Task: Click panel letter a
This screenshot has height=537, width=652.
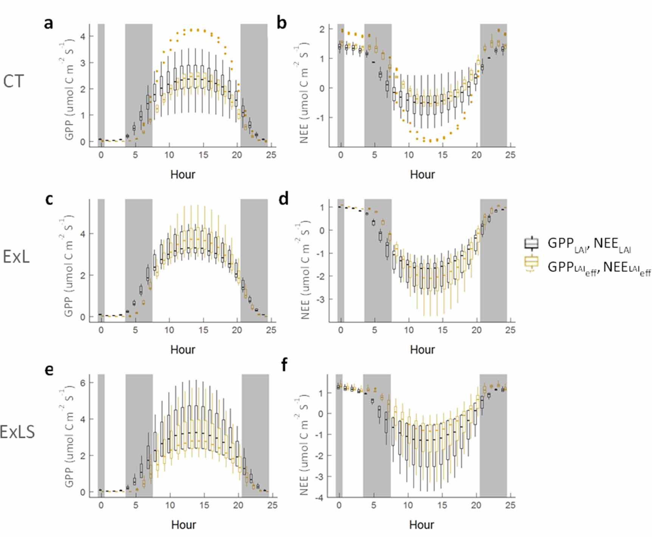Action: tap(48, 23)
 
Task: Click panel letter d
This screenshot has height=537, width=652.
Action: tap(283, 199)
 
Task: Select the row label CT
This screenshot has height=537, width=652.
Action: tap(14, 82)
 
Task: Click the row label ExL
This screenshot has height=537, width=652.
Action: tap(16, 257)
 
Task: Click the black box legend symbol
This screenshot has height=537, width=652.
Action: tap(531, 243)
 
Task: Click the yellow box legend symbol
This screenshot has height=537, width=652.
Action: tap(531, 263)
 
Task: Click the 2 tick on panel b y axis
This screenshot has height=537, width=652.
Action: tap(322, 29)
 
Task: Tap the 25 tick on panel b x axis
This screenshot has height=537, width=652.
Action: tap(510, 155)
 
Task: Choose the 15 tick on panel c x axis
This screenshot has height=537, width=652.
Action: tap(203, 330)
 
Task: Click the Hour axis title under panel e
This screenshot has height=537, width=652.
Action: tap(183, 525)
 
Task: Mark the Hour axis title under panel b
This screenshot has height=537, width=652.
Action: tap(422, 174)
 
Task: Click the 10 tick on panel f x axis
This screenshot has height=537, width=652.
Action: tap(407, 505)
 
